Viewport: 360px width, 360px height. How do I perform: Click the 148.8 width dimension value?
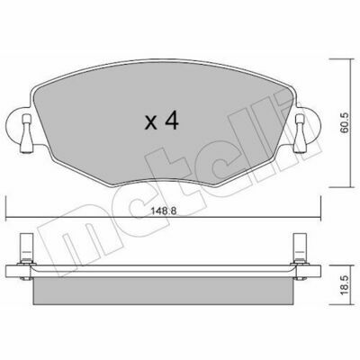click(163, 211)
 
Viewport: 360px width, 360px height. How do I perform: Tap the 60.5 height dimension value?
click(344, 122)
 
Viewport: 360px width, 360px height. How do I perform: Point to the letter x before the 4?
click(151, 123)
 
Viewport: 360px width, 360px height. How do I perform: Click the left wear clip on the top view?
click(26, 133)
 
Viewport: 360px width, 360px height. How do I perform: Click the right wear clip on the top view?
click(301, 133)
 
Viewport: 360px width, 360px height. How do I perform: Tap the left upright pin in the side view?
click(26, 247)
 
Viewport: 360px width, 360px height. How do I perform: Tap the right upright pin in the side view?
click(300, 247)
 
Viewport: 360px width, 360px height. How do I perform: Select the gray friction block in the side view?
click(163, 291)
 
